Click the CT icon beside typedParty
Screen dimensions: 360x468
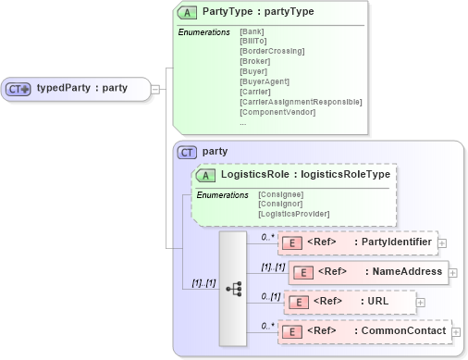point(18,89)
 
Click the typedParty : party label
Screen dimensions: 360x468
point(81,89)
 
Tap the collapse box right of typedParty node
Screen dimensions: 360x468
point(154,89)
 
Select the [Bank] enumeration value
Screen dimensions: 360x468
point(252,32)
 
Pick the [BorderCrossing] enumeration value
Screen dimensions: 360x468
point(272,51)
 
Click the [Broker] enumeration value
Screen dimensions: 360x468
point(255,61)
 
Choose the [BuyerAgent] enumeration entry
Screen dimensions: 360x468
point(265,81)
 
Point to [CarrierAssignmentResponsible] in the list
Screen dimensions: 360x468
point(301,102)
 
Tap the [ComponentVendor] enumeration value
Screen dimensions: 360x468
point(277,112)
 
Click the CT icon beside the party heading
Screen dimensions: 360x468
point(188,152)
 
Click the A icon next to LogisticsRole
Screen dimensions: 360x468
point(207,173)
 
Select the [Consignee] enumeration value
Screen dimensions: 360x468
point(280,193)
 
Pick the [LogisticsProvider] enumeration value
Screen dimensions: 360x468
point(293,214)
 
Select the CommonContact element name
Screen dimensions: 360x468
point(398,331)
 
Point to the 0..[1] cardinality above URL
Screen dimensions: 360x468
point(271,295)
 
